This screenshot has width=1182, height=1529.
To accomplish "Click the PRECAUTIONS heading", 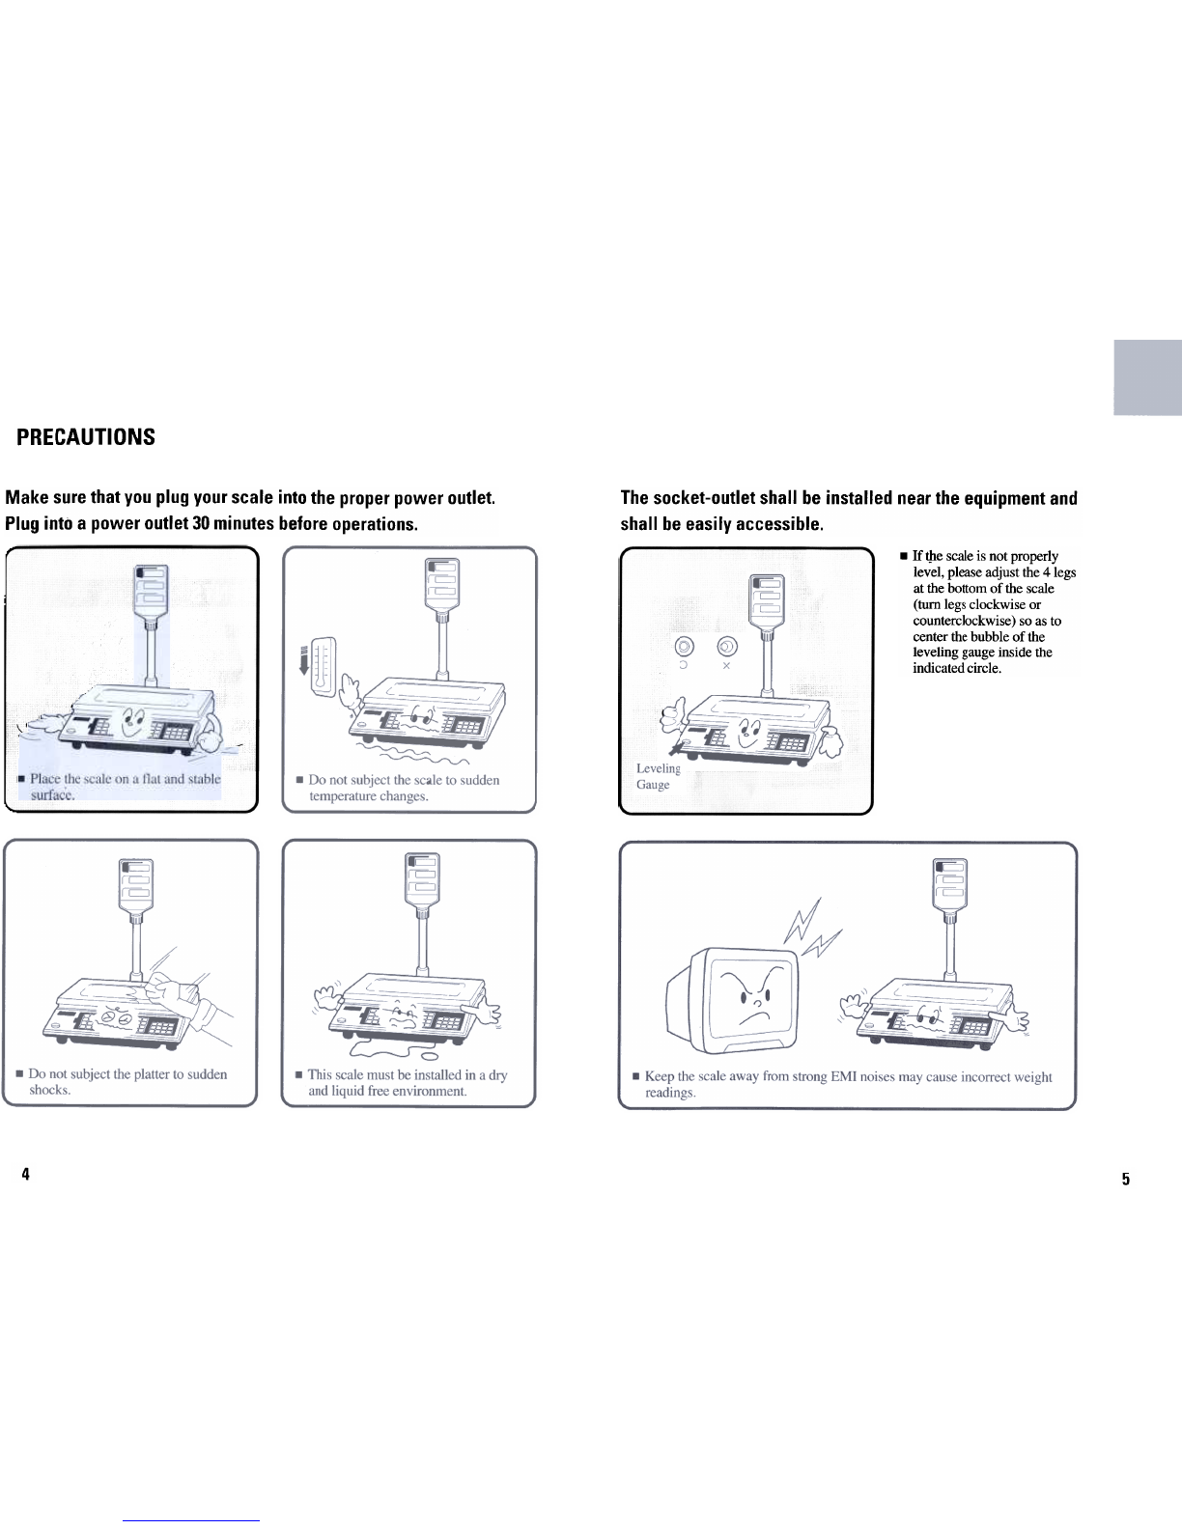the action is click(86, 437).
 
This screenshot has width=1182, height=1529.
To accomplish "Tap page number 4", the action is click(25, 1174).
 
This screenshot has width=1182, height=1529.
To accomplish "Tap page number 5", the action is click(1126, 1179).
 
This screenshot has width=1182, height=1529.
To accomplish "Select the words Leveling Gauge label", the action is click(658, 776).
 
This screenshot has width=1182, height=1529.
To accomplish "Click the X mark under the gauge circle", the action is click(725, 666).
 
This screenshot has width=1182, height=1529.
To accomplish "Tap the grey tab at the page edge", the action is click(1147, 377).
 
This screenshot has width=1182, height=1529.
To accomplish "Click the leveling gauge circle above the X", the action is click(725, 647).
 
